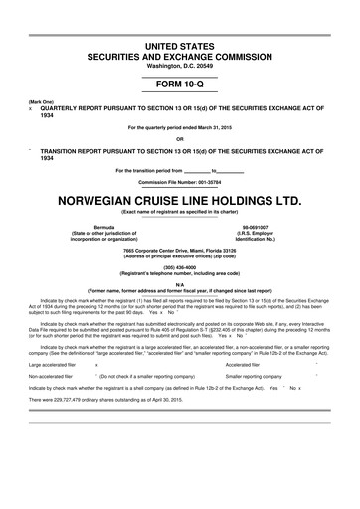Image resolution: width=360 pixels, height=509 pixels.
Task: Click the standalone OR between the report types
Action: (x=180, y=138)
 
